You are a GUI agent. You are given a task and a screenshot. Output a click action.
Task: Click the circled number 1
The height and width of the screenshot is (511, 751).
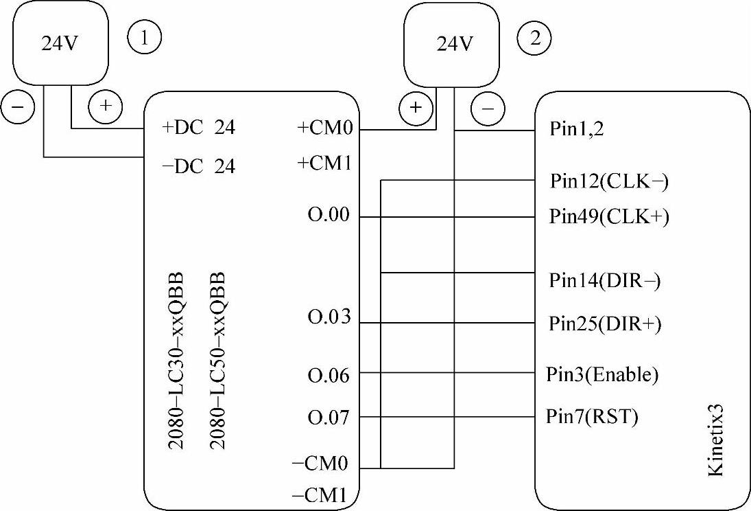(x=144, y=38)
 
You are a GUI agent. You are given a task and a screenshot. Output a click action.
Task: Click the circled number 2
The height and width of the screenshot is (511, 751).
(x=534, y=38)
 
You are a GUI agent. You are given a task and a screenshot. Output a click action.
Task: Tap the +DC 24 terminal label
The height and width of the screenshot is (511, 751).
(x=198, y=128)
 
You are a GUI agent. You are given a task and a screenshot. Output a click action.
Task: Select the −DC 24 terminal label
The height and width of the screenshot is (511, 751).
(x=198, y=166)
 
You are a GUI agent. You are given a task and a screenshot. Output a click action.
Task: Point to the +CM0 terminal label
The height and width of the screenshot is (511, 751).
(x=326, y=128)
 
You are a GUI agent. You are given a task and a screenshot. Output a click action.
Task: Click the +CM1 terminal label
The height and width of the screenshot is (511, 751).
(x=326, y=164)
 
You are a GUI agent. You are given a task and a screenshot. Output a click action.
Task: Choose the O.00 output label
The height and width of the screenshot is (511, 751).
(x=330, y=216)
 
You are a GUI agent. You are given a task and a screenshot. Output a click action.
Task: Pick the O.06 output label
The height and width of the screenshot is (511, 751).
(x=330, y=375)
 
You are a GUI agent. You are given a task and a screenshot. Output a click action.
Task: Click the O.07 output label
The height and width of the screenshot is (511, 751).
(x=330, y=417)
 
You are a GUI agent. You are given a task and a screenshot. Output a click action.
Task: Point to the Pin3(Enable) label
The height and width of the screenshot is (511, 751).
(x=602, y=375)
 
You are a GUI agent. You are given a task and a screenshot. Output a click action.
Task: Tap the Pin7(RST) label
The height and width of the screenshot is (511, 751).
(x=592, y=417)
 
